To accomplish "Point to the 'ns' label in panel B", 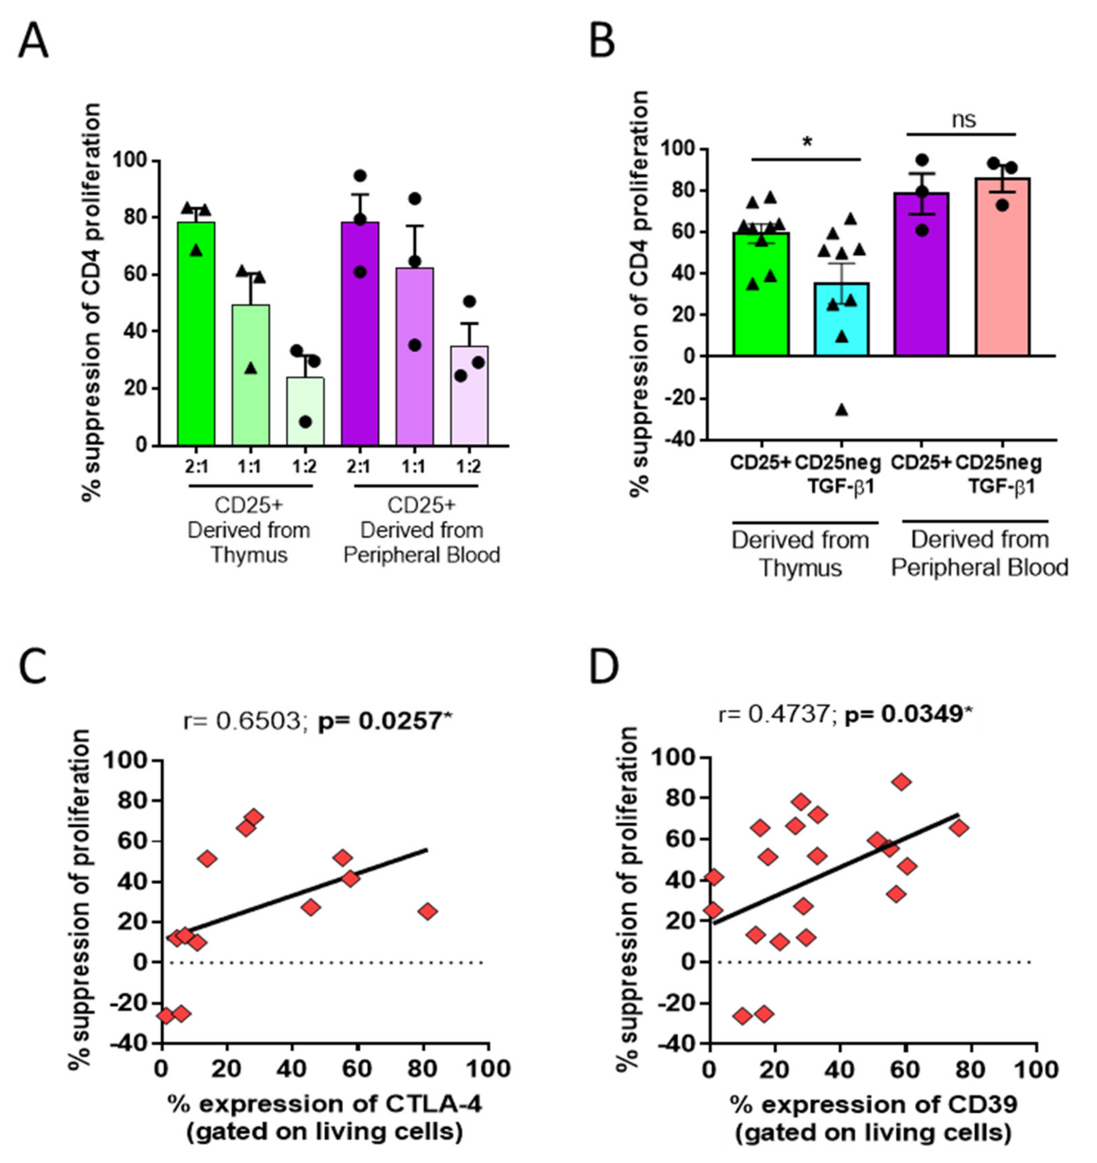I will click(964, 120).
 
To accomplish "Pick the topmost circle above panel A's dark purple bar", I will click(360, 175).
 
